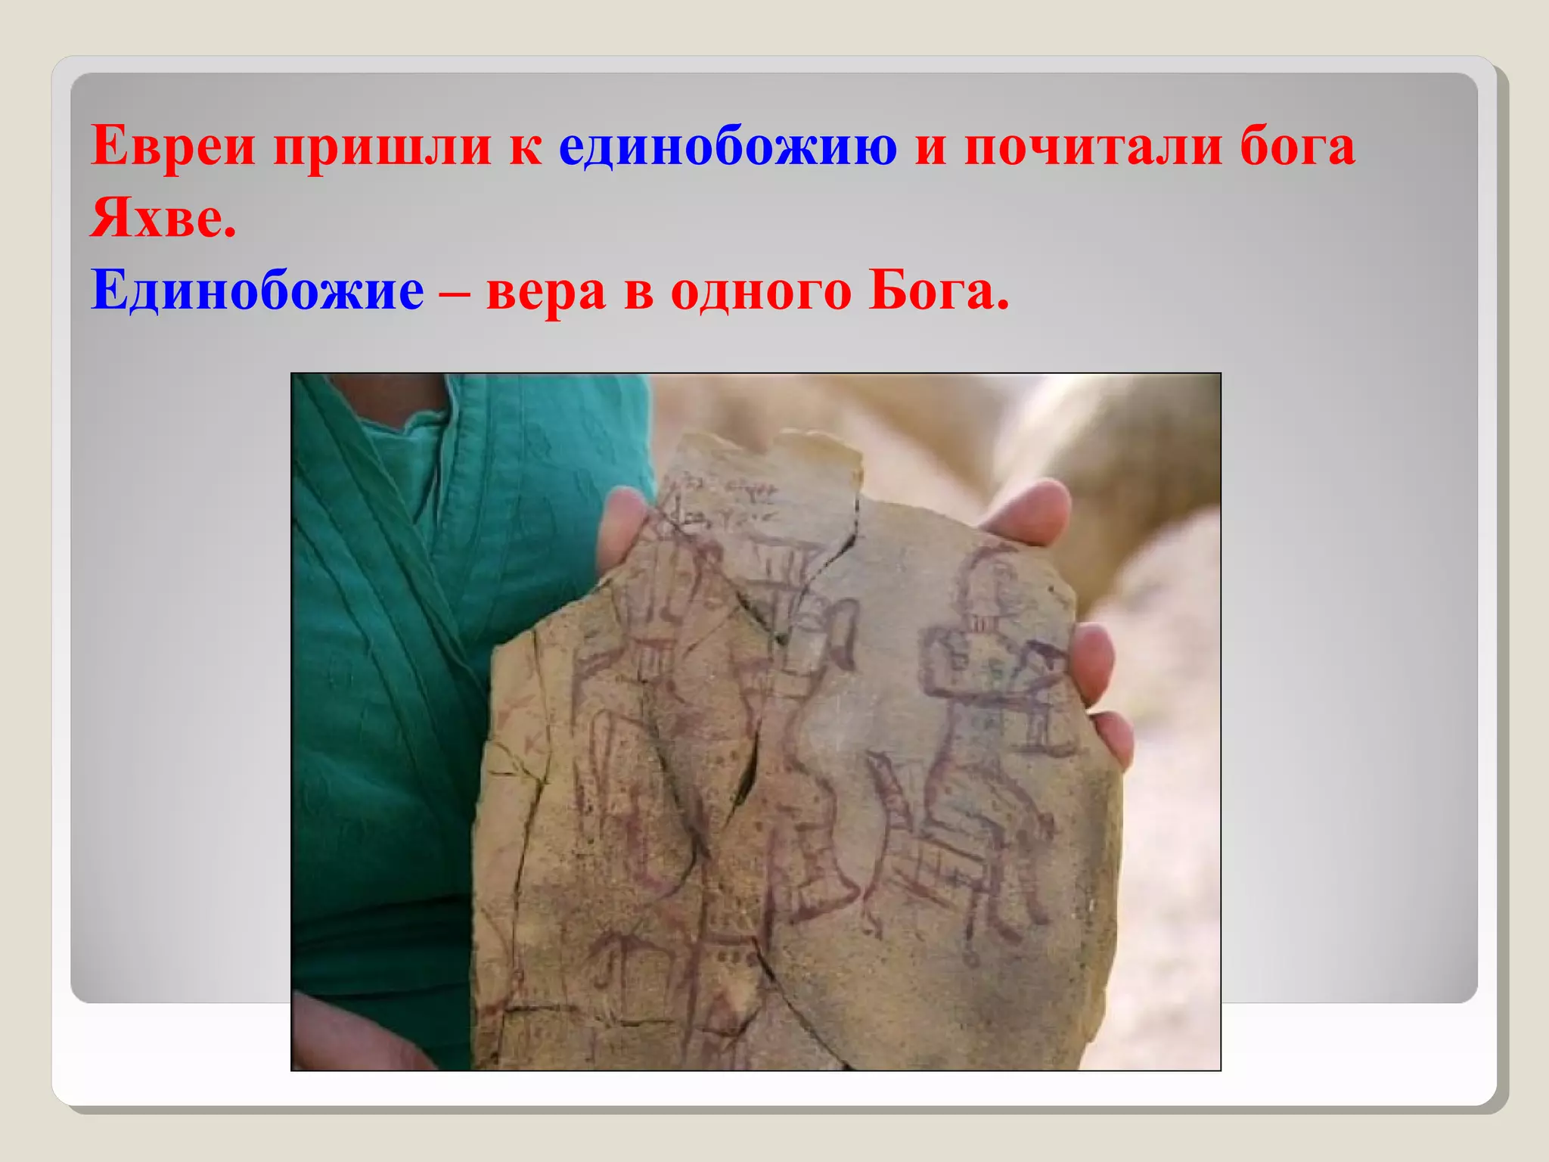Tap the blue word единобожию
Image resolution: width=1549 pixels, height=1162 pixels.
point(728,147)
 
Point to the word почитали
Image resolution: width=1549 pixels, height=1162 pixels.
point(1093,147)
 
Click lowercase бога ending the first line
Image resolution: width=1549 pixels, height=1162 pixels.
point(1297,147)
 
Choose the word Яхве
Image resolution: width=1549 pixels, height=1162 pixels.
point(163,218)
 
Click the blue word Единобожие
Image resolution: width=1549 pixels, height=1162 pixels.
point(257,291)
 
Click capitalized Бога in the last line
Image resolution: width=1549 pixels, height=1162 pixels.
point(938,291)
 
